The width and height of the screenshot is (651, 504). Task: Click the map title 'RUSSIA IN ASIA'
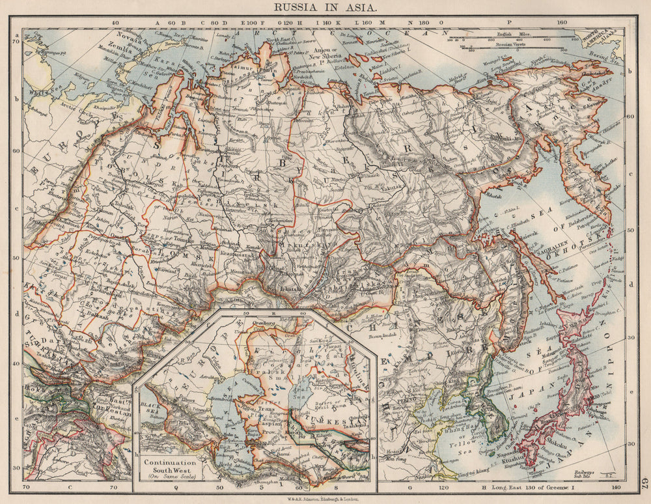pyautogui.click(x=326, y=8)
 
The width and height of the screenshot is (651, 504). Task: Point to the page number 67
pyautogui.click(x=643, y=483)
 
